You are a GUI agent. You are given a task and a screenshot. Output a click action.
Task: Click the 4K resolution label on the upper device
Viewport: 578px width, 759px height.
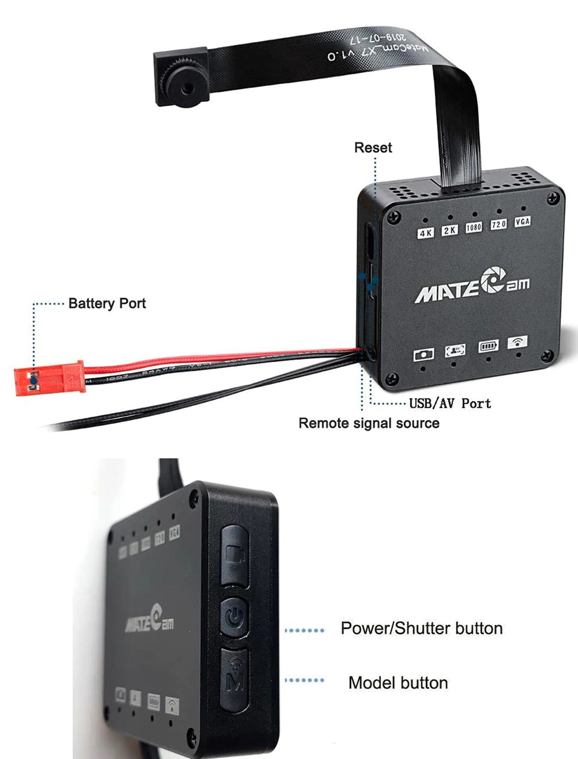(425, 233)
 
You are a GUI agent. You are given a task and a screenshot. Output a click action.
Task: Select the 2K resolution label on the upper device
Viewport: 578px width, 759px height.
(450, 230)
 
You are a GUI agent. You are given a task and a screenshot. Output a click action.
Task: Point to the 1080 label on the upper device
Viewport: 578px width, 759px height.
(474, 227)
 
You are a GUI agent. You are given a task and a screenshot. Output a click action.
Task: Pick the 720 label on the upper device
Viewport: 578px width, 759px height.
(498, 224)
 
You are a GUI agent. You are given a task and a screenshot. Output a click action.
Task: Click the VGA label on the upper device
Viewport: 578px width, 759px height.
(523, 221)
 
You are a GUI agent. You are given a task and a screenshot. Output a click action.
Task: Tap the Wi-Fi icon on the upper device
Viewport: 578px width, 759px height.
(517, 342)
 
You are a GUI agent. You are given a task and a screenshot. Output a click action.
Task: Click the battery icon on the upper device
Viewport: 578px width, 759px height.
(488, 347)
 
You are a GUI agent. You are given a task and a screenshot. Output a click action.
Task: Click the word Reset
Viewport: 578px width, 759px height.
(373, 148)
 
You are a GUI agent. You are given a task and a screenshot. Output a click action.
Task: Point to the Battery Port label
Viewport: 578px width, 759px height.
(107, 303)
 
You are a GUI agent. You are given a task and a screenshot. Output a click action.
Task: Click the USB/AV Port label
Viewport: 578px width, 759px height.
(450, 403)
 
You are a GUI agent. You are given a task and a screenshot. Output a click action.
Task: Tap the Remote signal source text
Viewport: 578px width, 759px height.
(369, 423)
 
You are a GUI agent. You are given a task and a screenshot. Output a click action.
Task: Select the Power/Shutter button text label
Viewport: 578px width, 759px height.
(421, 628)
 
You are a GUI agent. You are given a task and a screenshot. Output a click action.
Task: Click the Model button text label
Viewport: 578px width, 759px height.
(398, 683)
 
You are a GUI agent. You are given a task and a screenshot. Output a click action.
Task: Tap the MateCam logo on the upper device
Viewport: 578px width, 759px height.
(472, 286)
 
